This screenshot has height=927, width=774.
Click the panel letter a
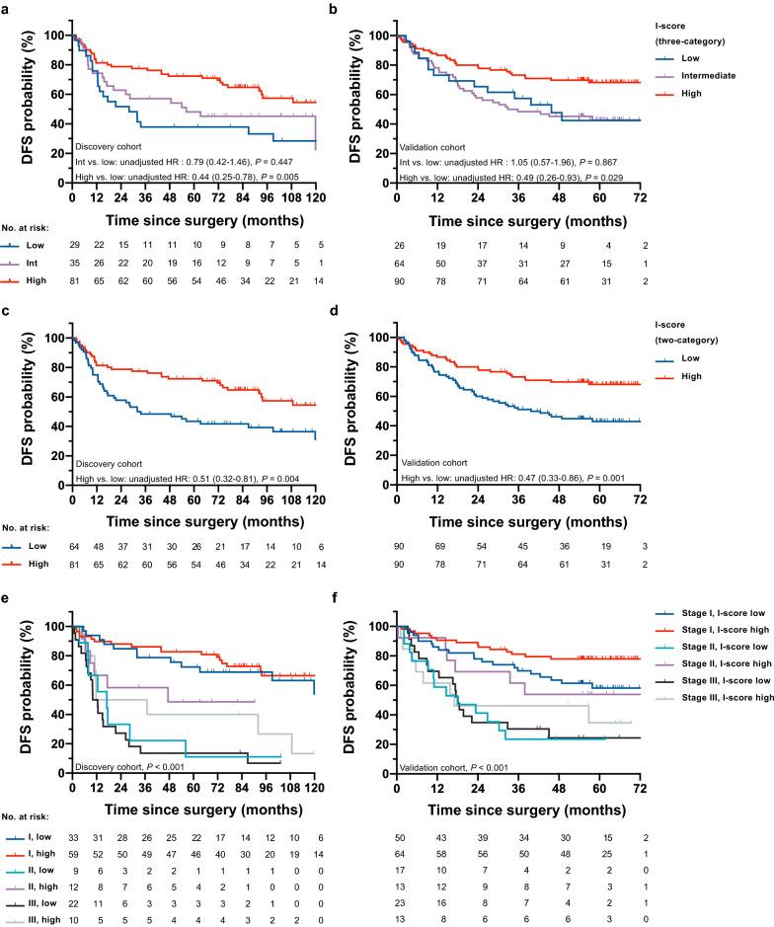(x=7, y=8)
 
